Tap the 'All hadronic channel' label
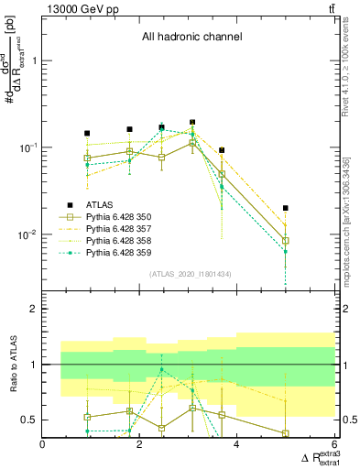coord(191,38)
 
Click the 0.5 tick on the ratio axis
coord(28,420)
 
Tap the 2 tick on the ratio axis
coord(34,309)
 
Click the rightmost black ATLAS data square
coord(286,208)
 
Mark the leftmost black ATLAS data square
coord(87,134)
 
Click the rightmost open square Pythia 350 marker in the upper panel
coord(286,241)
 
